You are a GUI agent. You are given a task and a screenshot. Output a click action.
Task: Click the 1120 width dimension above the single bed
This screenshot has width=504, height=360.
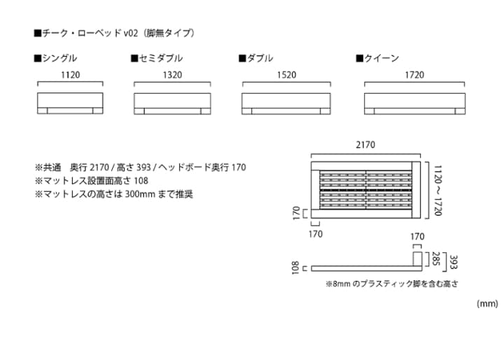click(x=70, y=74)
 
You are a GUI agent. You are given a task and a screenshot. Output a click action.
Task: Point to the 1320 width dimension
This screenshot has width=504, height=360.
click(x=172, y=74)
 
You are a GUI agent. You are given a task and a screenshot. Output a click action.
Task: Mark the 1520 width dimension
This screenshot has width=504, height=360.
click(x=286, y=74)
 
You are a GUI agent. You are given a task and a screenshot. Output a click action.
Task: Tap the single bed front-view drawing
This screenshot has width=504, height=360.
click(x=70, y=102)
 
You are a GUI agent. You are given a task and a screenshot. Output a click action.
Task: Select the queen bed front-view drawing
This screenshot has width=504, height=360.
click(x=414, y=102)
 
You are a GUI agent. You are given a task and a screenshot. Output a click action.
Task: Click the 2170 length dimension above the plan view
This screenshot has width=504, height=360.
click(x=365, y=145)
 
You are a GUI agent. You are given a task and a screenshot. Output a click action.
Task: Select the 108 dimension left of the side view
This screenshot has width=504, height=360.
click(x=297, y=268)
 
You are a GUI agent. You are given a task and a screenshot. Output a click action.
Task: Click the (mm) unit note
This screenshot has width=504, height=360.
click(x=486, y=303)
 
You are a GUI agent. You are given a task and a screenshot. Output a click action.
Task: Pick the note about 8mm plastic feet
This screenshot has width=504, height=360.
click(x=392, y=284)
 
